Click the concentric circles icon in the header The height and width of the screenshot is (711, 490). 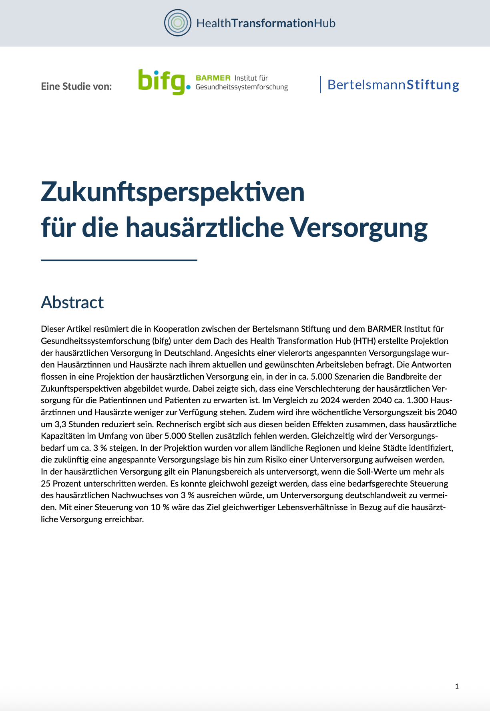click(178, 23)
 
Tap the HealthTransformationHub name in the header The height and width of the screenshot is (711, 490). click(266, 23)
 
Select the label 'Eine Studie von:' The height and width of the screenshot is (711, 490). click(76, 86)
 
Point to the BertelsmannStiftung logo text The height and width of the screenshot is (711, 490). click(393, 85)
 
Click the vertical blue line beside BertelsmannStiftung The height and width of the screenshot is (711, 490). click(320, 84)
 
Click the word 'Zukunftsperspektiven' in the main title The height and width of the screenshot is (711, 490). click(173, 192)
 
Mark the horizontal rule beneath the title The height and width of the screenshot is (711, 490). click(119, 261)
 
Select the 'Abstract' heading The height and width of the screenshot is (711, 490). click(72, 302)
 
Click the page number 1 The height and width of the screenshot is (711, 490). click(457, 686)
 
